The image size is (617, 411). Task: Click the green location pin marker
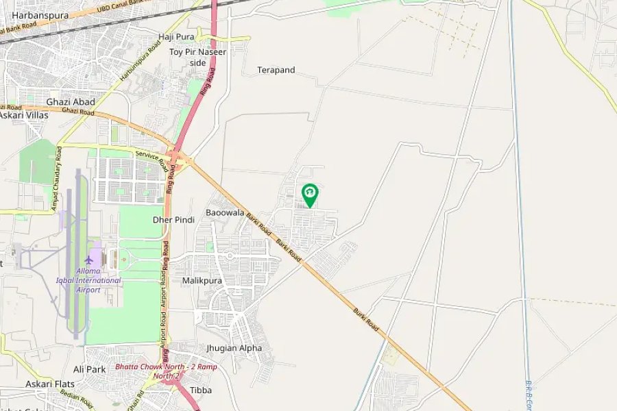310,194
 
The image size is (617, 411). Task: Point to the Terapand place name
276,70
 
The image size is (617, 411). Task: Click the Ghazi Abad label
71,102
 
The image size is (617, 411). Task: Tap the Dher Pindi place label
173,220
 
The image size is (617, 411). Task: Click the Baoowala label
225,213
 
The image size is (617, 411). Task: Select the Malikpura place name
202,281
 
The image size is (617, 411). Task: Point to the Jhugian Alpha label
234,348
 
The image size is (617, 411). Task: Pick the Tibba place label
201,390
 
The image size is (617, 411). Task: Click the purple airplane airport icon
88,260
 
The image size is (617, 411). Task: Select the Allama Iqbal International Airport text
88,280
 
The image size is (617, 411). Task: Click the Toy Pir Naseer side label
197,57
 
